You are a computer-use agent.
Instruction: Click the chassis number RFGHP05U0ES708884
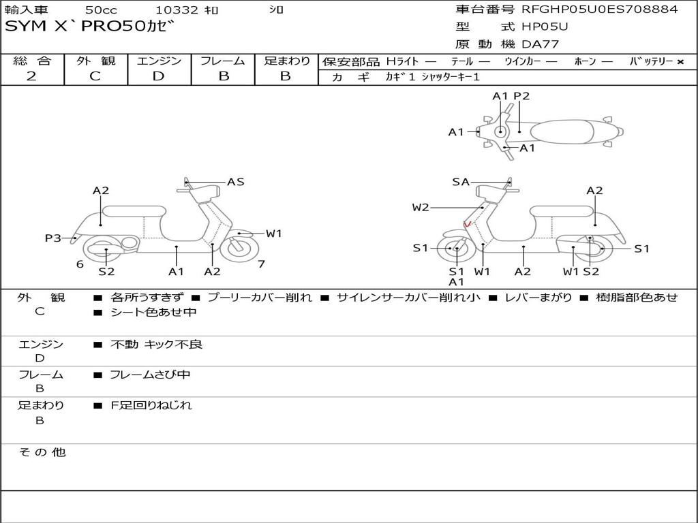point(600,10)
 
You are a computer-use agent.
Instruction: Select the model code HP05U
point(545,27)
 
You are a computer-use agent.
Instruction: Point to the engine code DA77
point(541,45)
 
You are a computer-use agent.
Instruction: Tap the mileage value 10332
point(177,10)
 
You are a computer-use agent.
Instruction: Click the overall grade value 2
point(31,76)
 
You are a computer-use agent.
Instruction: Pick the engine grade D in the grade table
point(158,76)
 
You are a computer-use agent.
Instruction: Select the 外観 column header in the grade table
point(95,61)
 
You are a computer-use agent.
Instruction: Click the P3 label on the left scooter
point(53,238)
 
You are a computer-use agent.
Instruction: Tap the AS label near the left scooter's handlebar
point(236,182)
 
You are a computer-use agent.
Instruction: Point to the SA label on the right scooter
point(461,182)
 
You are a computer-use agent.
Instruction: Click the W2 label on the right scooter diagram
point(421,208)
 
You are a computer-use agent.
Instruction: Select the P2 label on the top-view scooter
point(521,96)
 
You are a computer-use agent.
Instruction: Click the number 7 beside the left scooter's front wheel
point(261,264)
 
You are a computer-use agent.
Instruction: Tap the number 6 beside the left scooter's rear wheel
point(80,264)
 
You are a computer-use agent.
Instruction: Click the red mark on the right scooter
point(468,224)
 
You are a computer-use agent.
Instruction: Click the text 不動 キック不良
point(157,345)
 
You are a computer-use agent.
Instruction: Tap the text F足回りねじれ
point(151,405)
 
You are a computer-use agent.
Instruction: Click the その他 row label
point(42,452)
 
